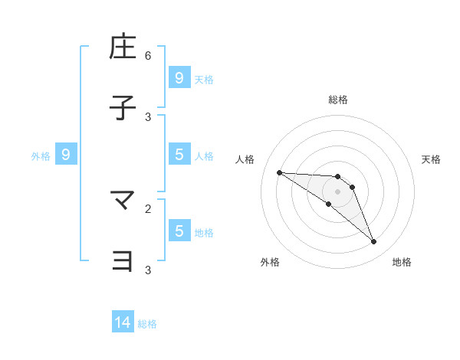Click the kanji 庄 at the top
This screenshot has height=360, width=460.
pos(123,47)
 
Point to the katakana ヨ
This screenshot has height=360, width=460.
pos(123,261)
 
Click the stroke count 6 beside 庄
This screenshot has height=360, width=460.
pos(148,55)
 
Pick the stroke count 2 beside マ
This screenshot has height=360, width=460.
pos(148,208)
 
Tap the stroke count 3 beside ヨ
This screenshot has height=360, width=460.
pos(148,270)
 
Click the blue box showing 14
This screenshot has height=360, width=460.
pos(123,323)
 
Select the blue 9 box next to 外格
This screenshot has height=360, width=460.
pos(66,155)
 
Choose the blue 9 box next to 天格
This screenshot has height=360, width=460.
pos(179,78)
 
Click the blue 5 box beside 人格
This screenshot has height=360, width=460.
pos(179,155)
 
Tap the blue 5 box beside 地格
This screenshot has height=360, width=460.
pos(179,231)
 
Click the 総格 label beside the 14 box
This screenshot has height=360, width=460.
pos(147,324)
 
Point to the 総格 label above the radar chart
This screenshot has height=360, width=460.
pos(337,100)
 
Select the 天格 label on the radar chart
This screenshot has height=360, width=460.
pos(431,159)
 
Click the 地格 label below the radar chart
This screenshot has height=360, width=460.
pos(402,262)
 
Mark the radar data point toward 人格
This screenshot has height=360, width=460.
pos(279,172)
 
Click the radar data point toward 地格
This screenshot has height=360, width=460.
pos(373,242)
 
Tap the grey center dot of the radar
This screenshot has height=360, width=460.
pos(337,191)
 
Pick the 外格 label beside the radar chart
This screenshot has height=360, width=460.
pos(270,262)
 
